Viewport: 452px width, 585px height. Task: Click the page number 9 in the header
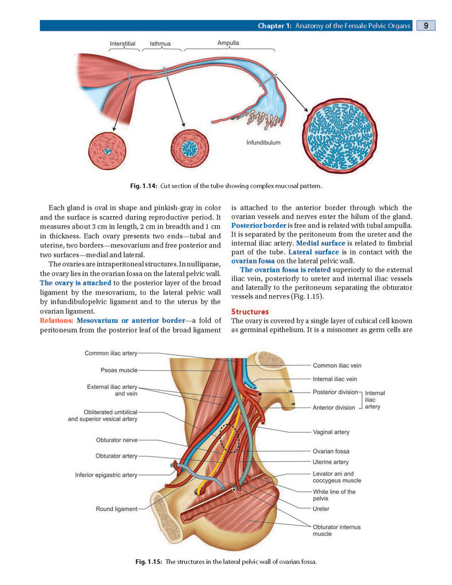point(426,25)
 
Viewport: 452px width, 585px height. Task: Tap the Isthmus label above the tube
point(160,44)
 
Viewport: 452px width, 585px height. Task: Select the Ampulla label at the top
point(228,43)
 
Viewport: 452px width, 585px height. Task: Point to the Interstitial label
point(123,44)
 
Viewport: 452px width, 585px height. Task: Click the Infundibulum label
point(264,143)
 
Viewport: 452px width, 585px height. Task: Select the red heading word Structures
point(250,312)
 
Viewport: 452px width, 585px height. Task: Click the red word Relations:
point(57,320)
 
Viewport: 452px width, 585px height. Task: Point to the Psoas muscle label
point(119,370)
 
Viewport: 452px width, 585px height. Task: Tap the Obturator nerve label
point(117,440)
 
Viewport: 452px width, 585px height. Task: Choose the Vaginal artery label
point(331,432)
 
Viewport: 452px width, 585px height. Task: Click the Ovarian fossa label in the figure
point(331,451)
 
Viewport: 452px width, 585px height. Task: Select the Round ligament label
point(117,509)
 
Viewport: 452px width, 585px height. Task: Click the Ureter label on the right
point(321,509)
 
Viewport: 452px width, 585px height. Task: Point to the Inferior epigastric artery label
point(107,475)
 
